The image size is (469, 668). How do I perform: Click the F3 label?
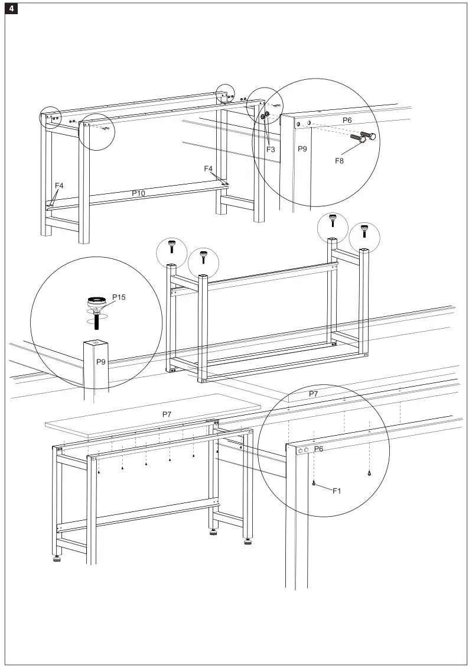(271, 150)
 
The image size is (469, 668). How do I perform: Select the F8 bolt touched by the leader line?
(357, 140)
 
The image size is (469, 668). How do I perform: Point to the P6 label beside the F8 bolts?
(347, 119)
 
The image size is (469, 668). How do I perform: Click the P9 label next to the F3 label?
(302, 149)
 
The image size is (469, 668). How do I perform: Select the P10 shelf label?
(138, 193)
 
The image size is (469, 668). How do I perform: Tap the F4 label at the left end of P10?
(59, 186)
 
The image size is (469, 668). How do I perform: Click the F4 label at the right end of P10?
(208, 168)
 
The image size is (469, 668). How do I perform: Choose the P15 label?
(118, 297)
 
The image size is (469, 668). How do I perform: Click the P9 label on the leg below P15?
(101, 362)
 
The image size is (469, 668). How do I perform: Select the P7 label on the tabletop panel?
(167, 414)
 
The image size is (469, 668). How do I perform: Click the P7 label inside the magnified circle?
(314, 394)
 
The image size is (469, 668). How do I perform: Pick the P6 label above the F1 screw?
(318, 449)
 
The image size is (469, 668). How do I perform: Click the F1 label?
(337, 490)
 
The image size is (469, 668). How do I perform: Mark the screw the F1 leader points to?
(314, 483)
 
